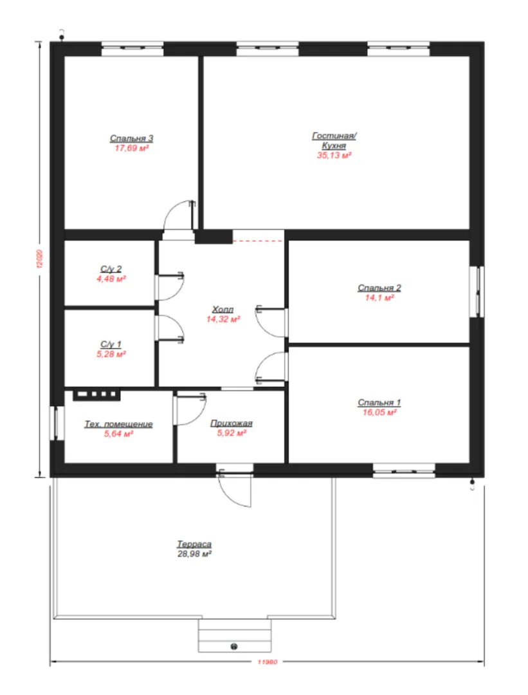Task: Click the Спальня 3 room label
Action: pos(132,138)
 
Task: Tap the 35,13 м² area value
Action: pos(334,155)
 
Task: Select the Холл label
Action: pos(223,309)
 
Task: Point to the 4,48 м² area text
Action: pos(111,279)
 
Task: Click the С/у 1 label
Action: pos(111,344)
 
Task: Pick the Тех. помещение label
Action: pos(119,424)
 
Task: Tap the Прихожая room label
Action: pos(232,423)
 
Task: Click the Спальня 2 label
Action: pos(379,288)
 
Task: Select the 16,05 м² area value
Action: pos(379,412)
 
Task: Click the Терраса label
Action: pos(194,544)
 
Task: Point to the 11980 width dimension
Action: pos(267,662)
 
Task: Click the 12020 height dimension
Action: pos(40,259)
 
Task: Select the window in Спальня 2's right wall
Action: pos(477,292)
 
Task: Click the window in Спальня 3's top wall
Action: pos(132,49)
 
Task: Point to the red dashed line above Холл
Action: pos(258,241)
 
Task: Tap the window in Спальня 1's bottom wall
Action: pos(404,471)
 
